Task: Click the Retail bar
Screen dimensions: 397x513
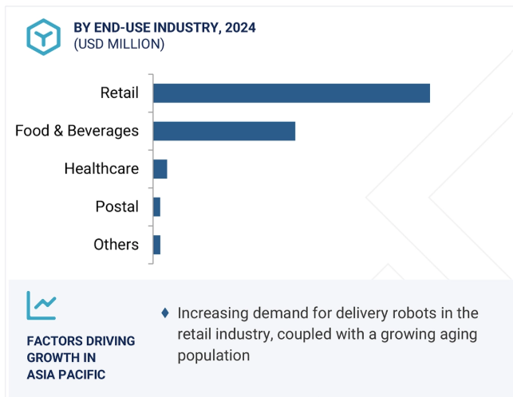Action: click(291, 92)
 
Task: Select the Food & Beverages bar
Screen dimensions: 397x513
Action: click(224, 131)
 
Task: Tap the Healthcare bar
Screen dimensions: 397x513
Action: click(160, 169)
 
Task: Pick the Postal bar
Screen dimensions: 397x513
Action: click(156, 206)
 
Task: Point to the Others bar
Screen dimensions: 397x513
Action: click(156, 245)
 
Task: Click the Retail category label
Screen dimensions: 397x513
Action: click(119, 92)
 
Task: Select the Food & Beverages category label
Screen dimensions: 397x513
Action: click(77, 131)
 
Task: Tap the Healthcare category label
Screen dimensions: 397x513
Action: click(101, 169)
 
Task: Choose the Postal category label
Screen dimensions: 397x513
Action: click(116, 206)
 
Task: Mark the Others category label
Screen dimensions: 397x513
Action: click(116, 245)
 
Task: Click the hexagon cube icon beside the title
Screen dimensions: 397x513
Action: click(41, 36)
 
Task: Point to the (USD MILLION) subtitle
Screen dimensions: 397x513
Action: click(119, 45)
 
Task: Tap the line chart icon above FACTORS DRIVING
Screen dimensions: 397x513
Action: click(41, 305)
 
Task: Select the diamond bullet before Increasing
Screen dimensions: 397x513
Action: click(164, 312)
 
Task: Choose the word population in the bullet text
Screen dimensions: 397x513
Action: click(214, 355)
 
